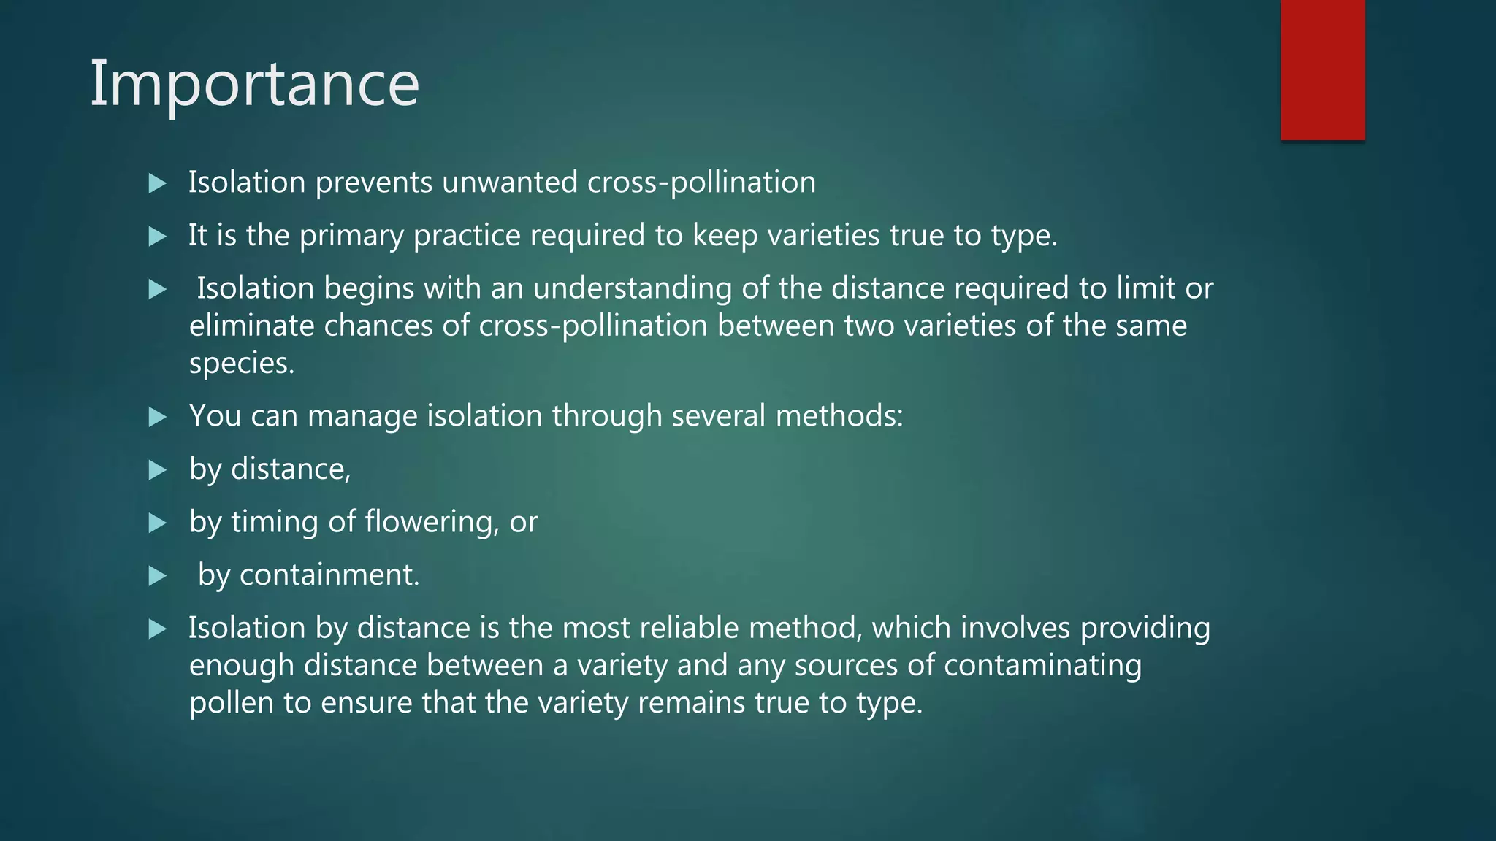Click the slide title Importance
tap(254, 85)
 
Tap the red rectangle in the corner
tap(1322, 69)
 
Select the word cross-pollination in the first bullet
tap(701, 183)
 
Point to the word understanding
tap(632, 288)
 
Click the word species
tap(241, 364)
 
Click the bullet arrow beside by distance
tap(157, 470)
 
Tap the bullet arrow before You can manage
tap(157, 417)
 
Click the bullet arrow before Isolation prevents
tap(157, 183)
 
